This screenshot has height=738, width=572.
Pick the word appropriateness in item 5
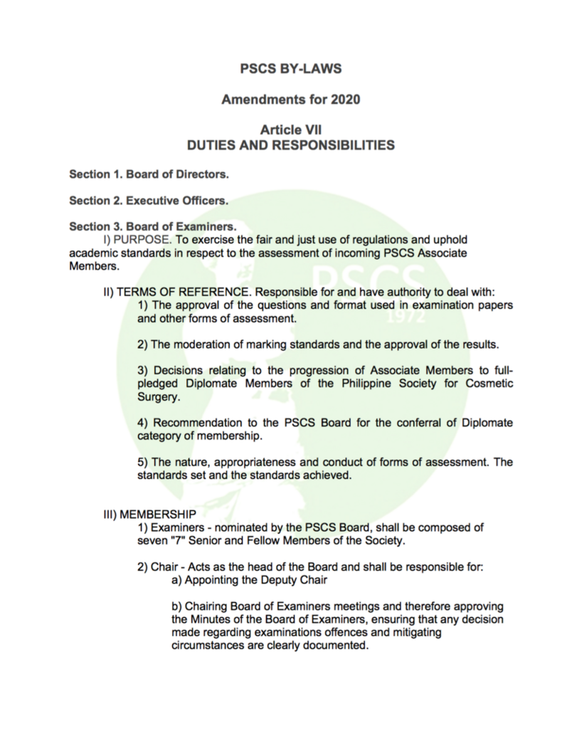pos(261,463)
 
